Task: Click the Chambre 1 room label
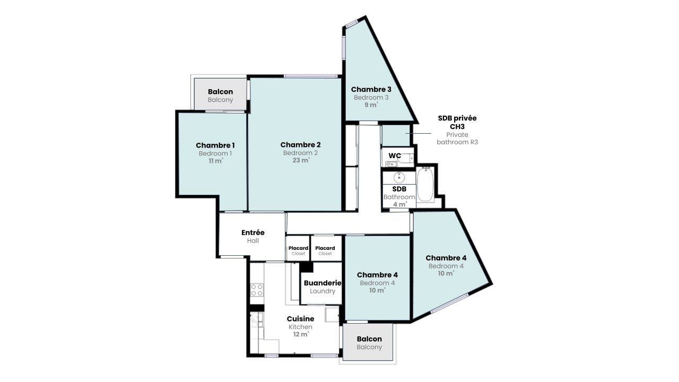(x=215, y=145)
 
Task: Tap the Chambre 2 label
(x=300, y=145)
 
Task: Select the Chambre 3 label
(x=371, y=90)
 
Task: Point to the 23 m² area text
(x=301, y=160)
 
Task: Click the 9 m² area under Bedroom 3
(x=371, y=105)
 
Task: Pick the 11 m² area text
(x=215, y=161)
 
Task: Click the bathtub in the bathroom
(x=425, y=184)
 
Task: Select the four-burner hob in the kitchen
(x=257, y=289)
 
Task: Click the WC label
(x=395, y=156)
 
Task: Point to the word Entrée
(x=253, y=232)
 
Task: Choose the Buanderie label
(x=323, y=283)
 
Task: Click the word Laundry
(x=323, y=291)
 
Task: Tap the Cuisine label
(x=300, y=319)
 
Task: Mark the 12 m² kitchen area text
(x=301, y=334)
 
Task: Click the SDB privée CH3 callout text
(x=457, y=122)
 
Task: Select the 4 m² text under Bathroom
(x=399, y=205)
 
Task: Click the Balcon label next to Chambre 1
(x=220, y=92)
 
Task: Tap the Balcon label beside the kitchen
(x=369, y=339)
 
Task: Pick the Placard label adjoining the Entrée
(x=298, y=248)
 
